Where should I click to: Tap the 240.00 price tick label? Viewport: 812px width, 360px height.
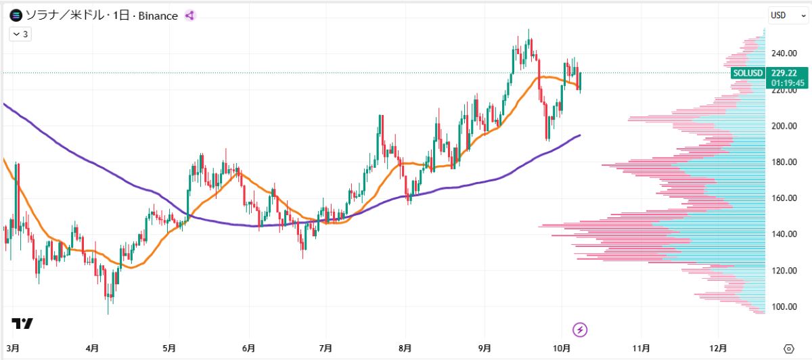click(784, 53)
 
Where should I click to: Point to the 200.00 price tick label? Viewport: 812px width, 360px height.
click(784, 126)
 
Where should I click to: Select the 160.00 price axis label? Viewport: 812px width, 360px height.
click(784, 198)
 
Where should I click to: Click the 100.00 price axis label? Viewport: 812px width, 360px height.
click(784, 307)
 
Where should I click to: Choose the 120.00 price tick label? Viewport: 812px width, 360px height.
click(784, 271)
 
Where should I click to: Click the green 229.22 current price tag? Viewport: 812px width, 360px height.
click(788, 73)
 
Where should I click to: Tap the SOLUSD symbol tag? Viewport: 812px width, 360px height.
click(748, 73)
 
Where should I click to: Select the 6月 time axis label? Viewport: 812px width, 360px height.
click(248, 348)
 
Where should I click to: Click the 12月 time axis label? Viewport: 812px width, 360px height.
click(719, 348)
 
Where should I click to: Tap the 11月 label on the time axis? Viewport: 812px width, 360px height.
click(641, 348)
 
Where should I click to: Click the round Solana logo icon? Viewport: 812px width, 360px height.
click(16, 15)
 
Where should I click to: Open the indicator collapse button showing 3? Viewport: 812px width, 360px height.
click(20, 33)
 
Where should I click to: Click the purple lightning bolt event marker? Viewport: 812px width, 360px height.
click(581, 330)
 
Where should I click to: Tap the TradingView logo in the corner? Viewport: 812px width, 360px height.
click(22, 323)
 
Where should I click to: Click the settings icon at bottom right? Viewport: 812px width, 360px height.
click(788, 348)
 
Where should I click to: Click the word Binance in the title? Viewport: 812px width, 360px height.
click(158, 15)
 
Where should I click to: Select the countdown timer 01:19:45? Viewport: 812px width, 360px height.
click(788, 83)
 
